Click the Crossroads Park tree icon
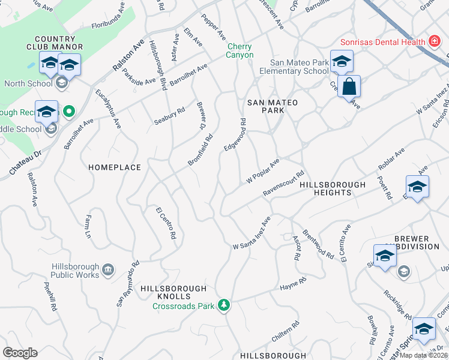224,305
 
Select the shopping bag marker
349,87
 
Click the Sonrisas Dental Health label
382,42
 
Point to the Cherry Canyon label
239,51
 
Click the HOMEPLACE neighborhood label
115,167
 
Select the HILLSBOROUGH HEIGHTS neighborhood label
332,188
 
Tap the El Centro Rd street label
166,223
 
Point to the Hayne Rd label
293,284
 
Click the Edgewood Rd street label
235,134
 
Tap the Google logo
20,353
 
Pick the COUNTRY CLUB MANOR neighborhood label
50,43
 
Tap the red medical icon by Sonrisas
433,41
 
